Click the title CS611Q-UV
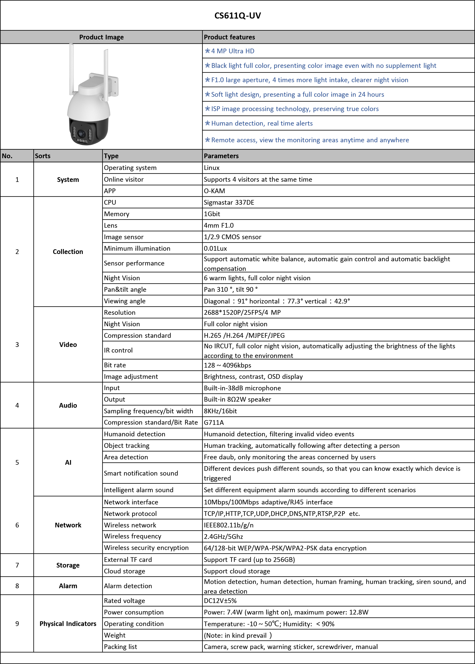click(x=237, y=15)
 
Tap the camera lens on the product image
click(x=82, y=134)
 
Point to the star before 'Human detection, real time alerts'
click(x=207, y=123)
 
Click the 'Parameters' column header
click(x=221, y=156)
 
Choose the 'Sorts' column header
click(x=43, y=156)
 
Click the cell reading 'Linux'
click(x=211, y=168)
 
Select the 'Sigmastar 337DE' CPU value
click(x=229, y=203)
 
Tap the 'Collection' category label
click(x=68, y=252)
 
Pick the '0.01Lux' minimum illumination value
click(x=215, y=248)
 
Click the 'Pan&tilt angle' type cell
click(x=125, y=290)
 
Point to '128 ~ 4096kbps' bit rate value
click(x=227, y=365)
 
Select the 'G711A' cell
click(x=214, y=422)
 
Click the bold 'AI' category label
click(x=68, y=462)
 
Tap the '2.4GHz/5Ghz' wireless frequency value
click(x=223, y=537)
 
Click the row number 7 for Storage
click(x=17, y=565)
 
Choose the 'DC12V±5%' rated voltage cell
click(x=220, y=601)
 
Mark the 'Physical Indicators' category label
click(x=68, y=624)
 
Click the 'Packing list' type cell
click(x=120, y=647)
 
